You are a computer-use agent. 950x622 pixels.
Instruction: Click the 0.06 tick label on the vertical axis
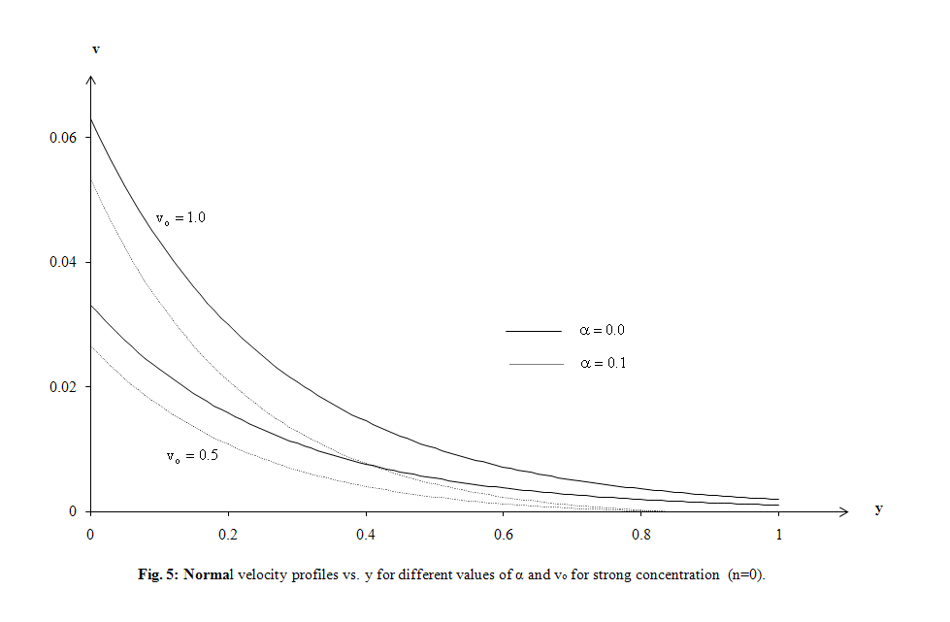coord(63,138)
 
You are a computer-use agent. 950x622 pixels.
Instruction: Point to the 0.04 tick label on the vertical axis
coord(63,263)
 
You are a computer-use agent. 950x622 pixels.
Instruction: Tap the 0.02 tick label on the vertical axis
coord(63,387)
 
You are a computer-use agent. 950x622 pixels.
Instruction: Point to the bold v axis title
coord(95,48)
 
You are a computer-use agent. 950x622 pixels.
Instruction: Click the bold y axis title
coord(878,507)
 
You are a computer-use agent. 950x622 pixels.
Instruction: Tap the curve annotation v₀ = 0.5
coord(191,456)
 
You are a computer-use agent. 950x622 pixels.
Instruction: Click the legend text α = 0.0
coord(602,331)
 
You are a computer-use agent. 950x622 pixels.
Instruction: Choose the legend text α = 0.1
coord(602,364)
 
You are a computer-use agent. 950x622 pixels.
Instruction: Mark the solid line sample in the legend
coord(534,331)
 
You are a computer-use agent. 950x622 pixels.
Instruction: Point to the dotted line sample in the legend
coord(534,364)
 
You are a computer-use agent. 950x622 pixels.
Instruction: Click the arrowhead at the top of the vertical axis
coord(90,79)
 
